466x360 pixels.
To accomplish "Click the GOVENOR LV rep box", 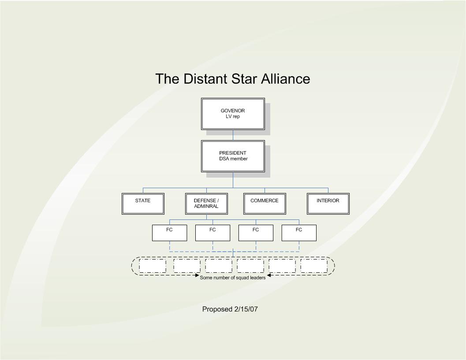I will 233,114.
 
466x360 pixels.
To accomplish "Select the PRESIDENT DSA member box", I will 233,156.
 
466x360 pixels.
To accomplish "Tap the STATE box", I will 143,204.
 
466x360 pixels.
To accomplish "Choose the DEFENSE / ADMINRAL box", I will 206,204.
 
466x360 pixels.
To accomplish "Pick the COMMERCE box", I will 265,204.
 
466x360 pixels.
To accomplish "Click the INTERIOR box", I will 328,204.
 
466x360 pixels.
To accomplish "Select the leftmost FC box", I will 169,233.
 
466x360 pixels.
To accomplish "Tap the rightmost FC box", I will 299,233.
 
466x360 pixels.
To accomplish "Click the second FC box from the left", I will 212,233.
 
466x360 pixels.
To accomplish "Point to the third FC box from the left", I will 256,233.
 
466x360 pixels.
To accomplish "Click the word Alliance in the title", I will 285,79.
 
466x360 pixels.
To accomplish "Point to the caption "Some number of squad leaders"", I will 233,278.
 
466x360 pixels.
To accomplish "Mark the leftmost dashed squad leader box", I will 153,266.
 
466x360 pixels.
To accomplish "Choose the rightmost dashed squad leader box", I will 314,266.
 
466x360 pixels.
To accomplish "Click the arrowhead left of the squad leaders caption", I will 197,276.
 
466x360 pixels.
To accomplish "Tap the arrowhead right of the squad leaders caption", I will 268,276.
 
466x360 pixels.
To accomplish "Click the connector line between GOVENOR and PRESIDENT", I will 233,135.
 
